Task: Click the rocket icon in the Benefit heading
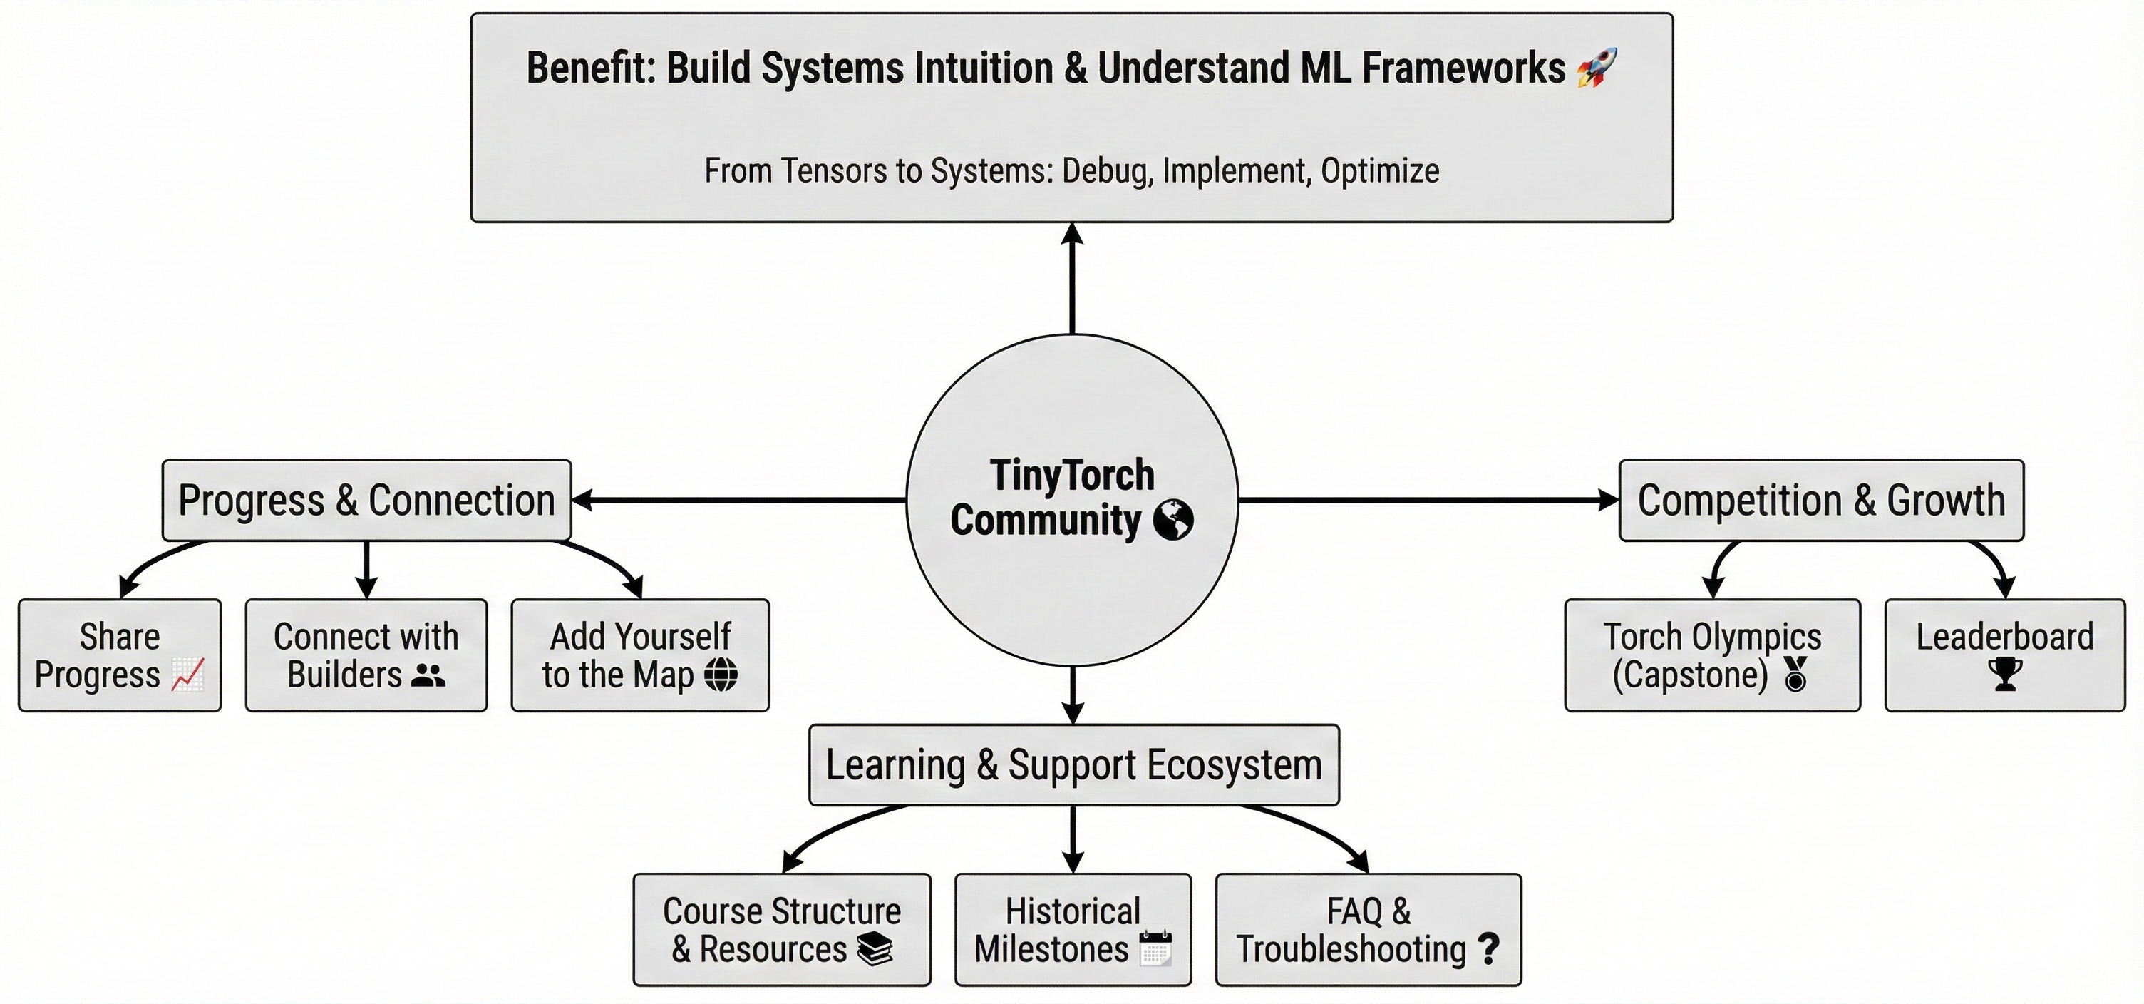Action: click(x=1597, y=68)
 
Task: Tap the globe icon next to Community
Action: click(x=1172, y=521)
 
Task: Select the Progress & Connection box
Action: click(x=366, y=501)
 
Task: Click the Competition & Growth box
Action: click(x=1821, y=501)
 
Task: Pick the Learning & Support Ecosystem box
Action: click(x=1073, y=765)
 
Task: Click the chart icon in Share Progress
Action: click(x=188, y=675)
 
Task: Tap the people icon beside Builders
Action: click(x=428, y=675)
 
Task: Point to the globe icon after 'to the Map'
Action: click(x=721, y=675)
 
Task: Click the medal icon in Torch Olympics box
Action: click(x=1795, y=675)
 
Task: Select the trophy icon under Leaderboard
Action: click(x=2005, y=675)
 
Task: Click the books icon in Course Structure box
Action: click(x=875, y=949)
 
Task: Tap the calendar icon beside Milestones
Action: click(x=1155, y=949)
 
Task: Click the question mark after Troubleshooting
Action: click(x=1488, y=949)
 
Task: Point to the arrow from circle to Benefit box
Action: click(x=1072, y=279)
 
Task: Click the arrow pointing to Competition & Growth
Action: click(x=1428, y=501)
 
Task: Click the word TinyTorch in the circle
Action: click(x=1072, y=476)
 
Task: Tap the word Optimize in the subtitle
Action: click(x=1380, y=170)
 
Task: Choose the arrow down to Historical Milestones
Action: click(x=1073, y=839)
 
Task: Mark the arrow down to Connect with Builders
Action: click(x=366, y=570)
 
